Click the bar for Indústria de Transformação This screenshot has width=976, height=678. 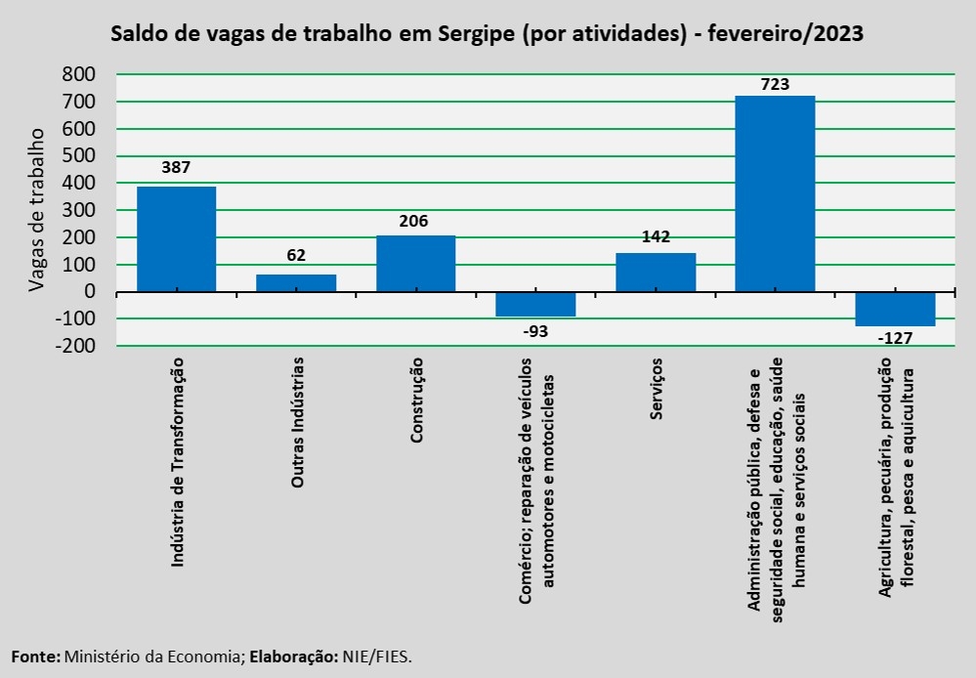pos(176,238)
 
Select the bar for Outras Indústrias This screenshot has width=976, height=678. pos(296,282)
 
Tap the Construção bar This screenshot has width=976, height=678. pos(415,263)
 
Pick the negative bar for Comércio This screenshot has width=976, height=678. pos(535,304)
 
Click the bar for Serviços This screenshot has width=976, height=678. pos(656,272)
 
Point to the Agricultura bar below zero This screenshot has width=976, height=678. pos(895,309)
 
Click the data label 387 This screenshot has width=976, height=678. pos(176,167)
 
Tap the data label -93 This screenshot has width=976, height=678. pos(535,330)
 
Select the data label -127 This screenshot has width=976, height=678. pos(895,339)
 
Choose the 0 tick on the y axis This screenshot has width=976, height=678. pos(90,292)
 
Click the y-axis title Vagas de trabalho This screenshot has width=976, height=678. pos(37,209)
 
